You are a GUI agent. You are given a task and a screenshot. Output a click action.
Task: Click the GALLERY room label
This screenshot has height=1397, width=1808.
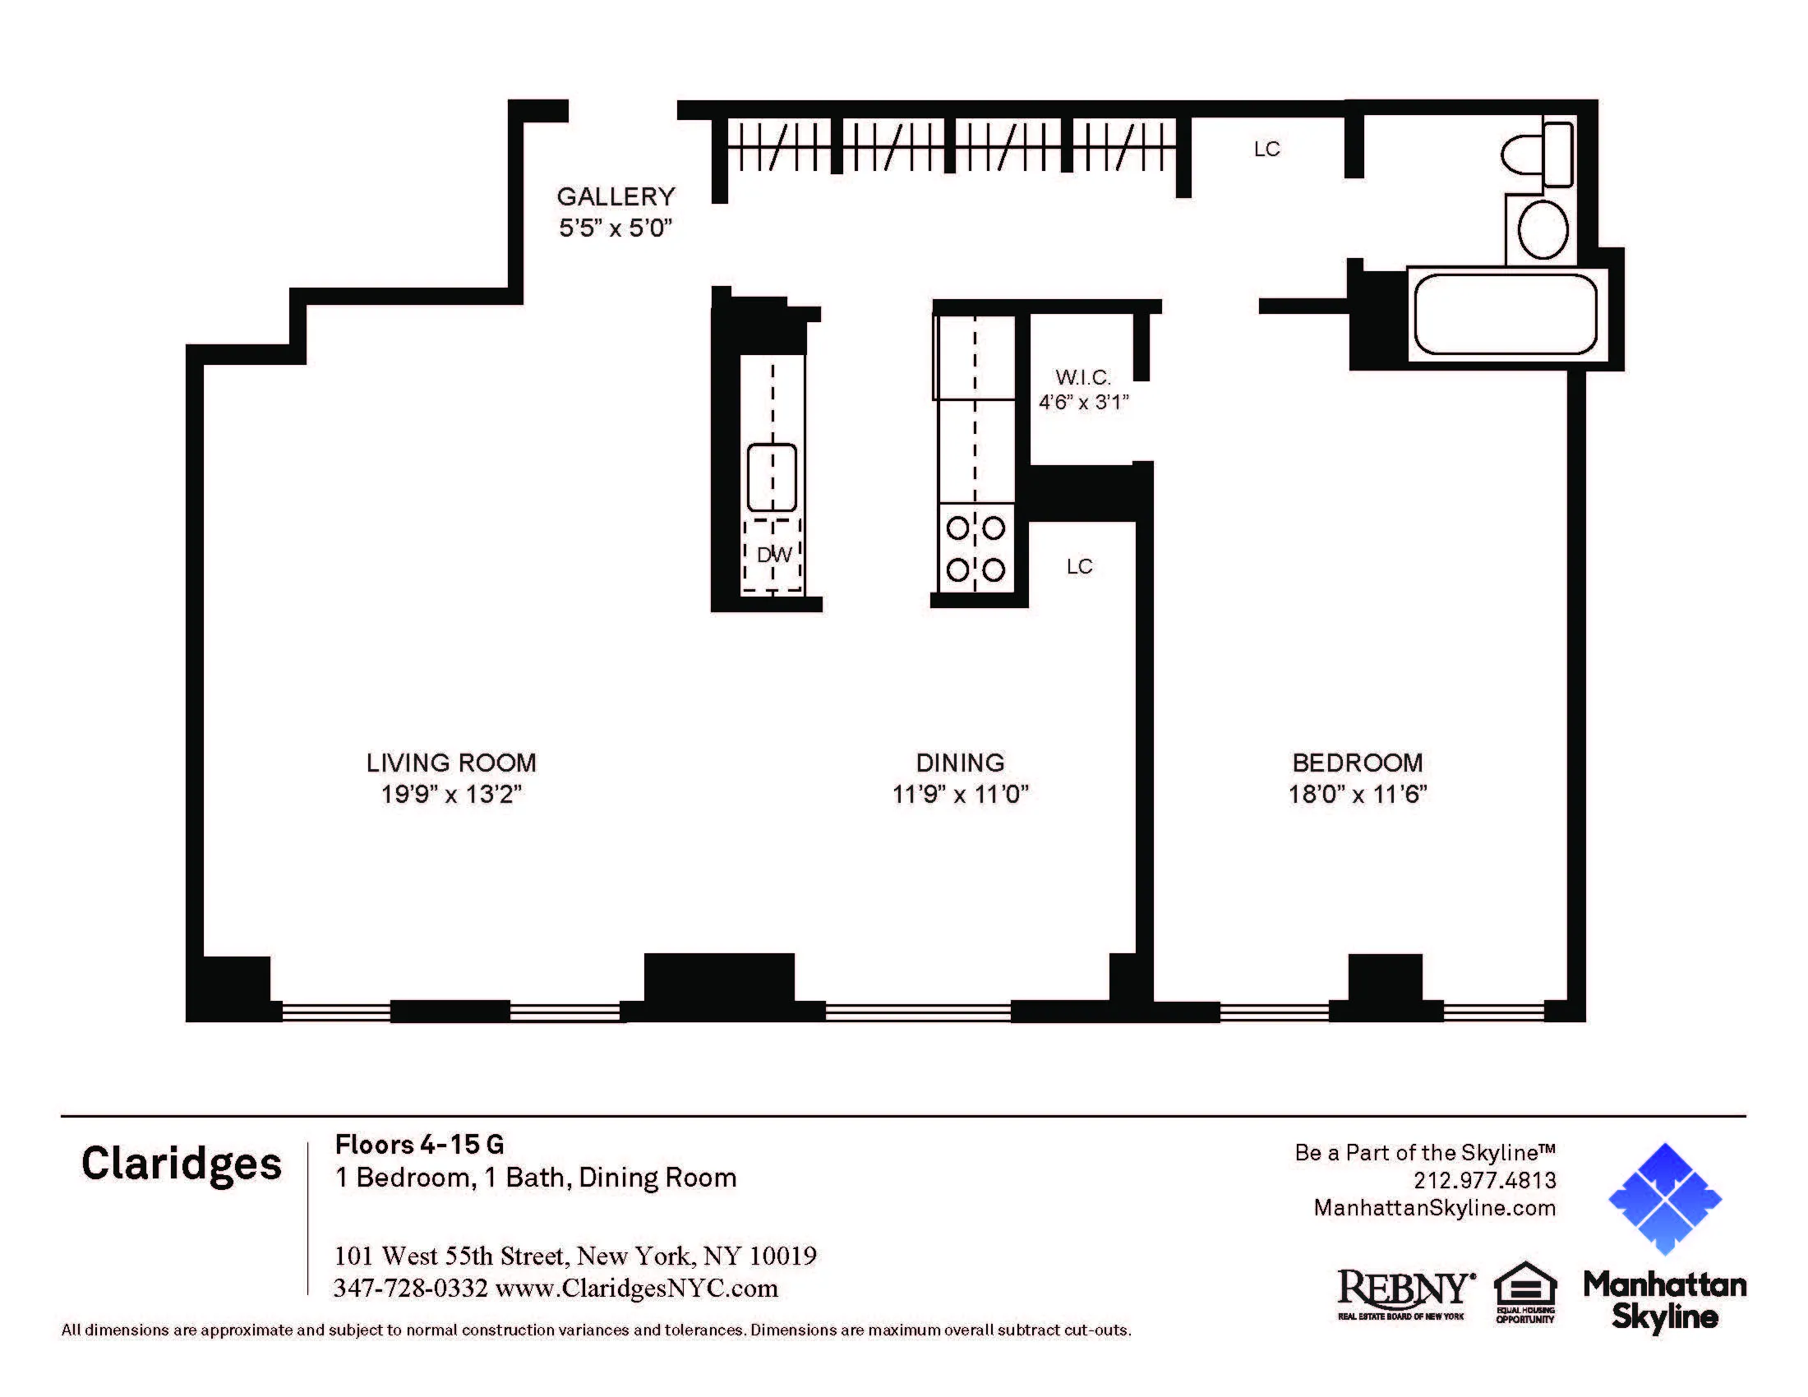pyautogui.click(x=616, y=197)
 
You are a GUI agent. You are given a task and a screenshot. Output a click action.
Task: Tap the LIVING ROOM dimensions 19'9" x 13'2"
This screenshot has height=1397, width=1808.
pyautogui.click(x=451, y=795)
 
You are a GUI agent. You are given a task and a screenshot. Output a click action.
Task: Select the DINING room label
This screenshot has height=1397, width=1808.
pyautogui.click(x=959, y=763)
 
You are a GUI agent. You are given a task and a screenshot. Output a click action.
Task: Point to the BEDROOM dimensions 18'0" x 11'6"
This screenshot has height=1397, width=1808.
pyautogui.click(x=1357, y=795)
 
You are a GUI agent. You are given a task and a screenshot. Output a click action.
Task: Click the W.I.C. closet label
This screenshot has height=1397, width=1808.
pyautogui.click(x=1083, y=377)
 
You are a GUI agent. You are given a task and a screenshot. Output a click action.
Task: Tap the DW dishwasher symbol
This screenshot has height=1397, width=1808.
pyautogui.click(x=773, y=556)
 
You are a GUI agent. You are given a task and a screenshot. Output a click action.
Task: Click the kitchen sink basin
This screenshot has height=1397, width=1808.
pyautogui.click(x=772, y=477)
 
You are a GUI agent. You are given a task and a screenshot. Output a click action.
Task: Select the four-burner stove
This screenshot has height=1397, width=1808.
pyautogui.click(x=976, y=549)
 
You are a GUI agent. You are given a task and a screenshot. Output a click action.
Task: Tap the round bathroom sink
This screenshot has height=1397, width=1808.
pyautogui.click(x=1543, y=230)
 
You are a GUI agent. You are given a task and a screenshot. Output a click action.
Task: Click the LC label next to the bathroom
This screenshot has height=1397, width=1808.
pyautogui.click(x=1266, y=149)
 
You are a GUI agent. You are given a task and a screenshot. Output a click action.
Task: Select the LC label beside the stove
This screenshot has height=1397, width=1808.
pyautogui.click(x=1079, y=567)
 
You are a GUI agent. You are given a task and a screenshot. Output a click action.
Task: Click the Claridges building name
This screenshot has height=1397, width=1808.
pyautogui.click(x=182, y=1164)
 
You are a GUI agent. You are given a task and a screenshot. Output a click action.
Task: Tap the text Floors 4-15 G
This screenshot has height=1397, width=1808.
pyautogui.click(x=419, y=1145)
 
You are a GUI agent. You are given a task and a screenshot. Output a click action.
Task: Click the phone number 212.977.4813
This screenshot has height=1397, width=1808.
pyautogui.click(x=1484, y=1180)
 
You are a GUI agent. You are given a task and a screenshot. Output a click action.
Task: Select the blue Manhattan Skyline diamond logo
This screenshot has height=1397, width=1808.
pyautogui.click(x=1664, y=1198)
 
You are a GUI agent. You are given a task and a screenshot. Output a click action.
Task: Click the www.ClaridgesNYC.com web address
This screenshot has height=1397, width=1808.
pyautogui.click(x=637, y=1289)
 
